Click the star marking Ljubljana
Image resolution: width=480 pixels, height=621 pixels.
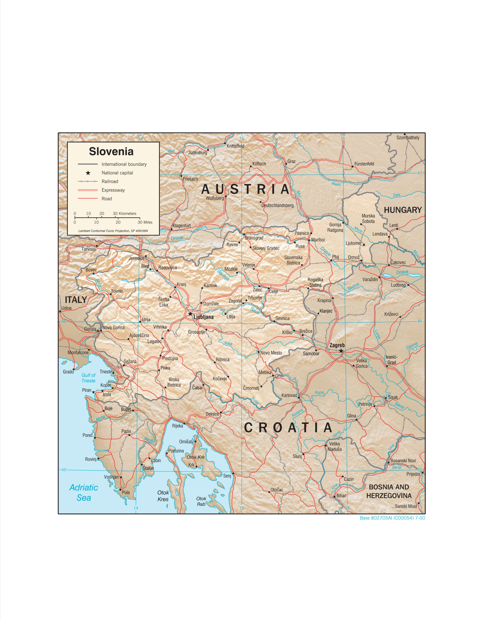(x=190, y=314)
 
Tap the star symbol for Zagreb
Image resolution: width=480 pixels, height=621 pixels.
(x=341, y=351)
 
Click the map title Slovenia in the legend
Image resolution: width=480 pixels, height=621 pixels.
(x=111, y=151)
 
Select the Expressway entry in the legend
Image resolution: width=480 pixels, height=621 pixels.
(x=113, y=190)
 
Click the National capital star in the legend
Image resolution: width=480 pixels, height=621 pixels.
(x=88, y=173)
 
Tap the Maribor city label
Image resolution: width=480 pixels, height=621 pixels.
(x=318, y=240)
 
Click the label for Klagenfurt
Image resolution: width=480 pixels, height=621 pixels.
(x=181, y=226)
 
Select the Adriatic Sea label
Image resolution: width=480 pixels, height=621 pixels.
(x=84, y=492)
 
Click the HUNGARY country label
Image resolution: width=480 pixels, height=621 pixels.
(x=403, y=210)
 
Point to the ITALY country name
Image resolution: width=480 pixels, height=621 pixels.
(x=76, y=299)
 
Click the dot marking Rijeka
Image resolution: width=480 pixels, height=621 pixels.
(x=184, y=423)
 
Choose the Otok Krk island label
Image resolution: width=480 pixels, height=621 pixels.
(x=196, y=457)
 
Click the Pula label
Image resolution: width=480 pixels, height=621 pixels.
(x=125, y=492)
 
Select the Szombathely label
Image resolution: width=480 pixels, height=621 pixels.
(x=407, y=138)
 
